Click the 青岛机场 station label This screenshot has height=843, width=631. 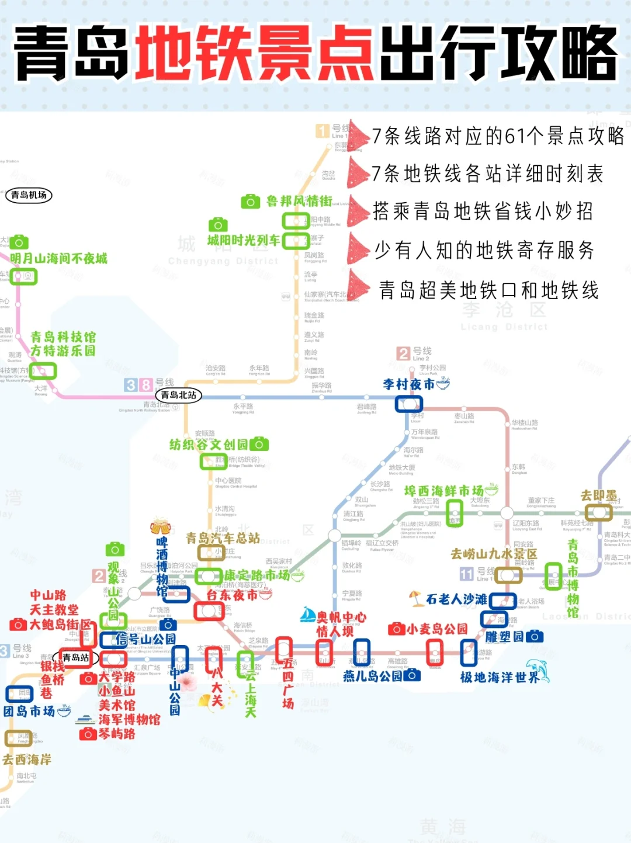tap(29, 195)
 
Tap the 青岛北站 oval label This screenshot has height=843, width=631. tap(179, 396)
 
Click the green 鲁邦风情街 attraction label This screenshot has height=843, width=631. tap(299, 202)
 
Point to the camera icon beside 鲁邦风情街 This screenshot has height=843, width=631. tap(250, 202)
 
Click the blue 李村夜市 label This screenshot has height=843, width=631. tap(409, 384)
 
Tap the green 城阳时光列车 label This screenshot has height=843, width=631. tap(244, 240)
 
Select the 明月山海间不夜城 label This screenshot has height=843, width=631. tap(58, 258)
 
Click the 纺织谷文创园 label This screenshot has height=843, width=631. tap(209, 445)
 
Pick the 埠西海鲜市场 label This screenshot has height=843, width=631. tap(444, 491)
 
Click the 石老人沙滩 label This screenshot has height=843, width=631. tap(456, 599)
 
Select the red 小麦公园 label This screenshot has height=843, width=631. tap(437, 629)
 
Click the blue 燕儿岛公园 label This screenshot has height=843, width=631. tap(372, 676)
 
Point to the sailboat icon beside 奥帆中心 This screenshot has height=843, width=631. tap(308, 614)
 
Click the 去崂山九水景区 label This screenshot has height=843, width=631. tap(494, 553)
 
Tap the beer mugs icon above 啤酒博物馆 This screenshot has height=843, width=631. tap(160, 526)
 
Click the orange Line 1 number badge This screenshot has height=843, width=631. tap(323, 131)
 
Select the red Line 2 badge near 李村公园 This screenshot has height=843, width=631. tap(403, 353)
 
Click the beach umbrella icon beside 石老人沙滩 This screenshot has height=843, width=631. tap(416, 598)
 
